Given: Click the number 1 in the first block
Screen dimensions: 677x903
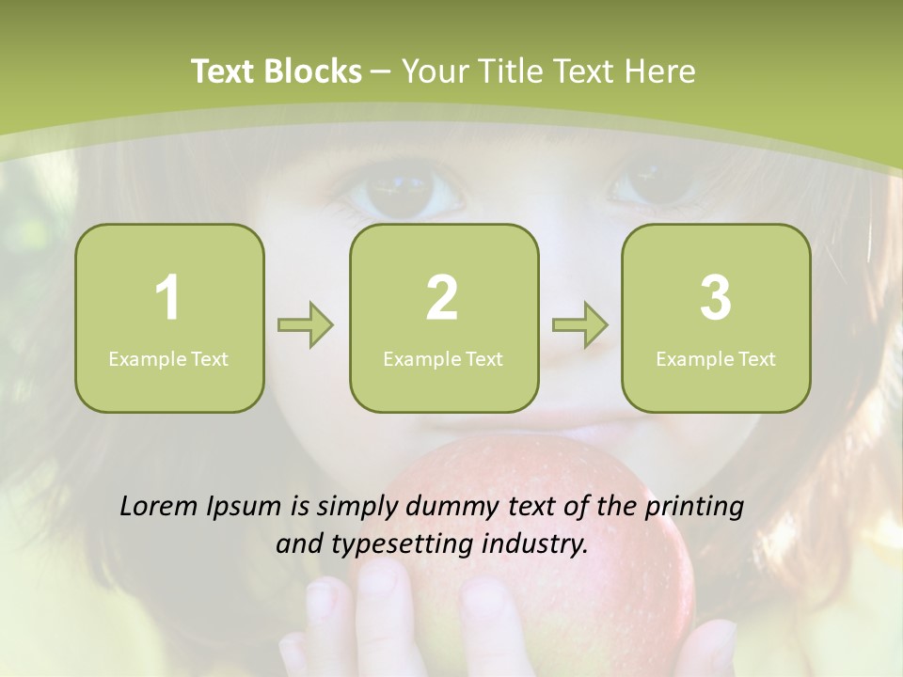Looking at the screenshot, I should click(168, 298).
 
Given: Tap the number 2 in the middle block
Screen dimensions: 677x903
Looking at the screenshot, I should click(442, 298).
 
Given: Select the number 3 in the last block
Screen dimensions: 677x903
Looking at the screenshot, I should click(716, 298).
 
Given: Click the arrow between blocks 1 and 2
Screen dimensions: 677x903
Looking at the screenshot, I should click(306, 325).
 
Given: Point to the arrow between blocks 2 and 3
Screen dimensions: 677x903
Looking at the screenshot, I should click(579, 325).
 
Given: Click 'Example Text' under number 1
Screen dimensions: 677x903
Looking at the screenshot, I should click(168, 358).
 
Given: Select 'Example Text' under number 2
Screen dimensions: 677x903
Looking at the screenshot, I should click(443, 358).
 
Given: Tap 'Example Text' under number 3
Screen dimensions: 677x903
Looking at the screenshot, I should click(716, 358).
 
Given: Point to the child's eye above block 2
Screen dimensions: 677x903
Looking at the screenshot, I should click(403, 193).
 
